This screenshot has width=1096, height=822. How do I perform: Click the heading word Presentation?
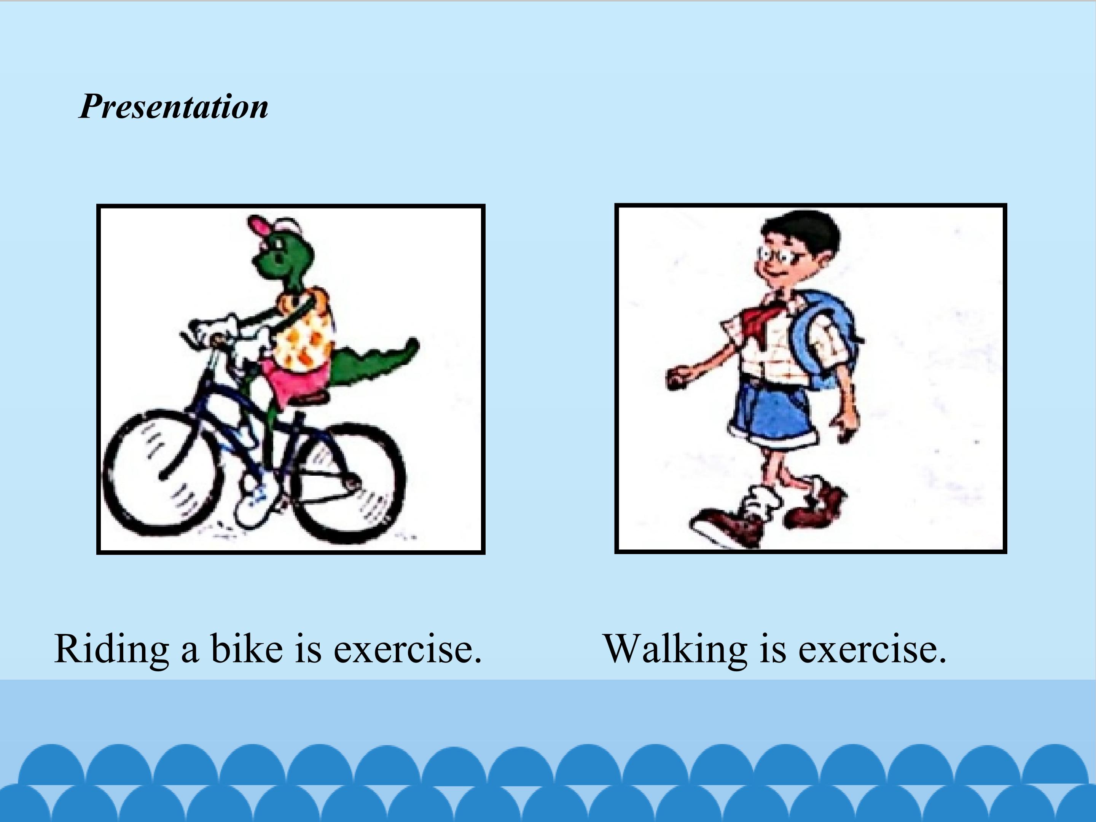174,107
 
